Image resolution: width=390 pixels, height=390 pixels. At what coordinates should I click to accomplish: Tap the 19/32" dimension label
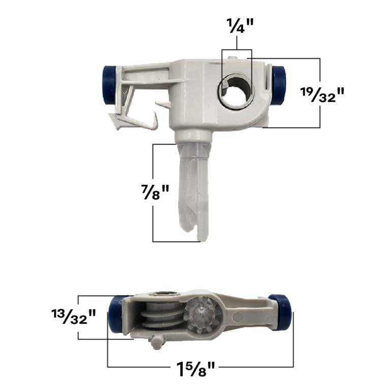tap(322, 95)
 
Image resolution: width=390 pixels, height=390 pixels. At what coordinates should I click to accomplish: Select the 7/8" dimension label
tap(155, 192)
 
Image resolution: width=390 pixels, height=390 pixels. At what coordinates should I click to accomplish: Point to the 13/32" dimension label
tap(74, 316)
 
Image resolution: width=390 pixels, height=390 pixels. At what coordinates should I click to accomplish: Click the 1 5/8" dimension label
tap(195, 369)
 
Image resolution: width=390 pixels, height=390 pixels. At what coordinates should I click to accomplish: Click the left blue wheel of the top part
tap(109, 85)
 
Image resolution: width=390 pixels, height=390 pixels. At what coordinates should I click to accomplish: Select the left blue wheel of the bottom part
tap(116, 315)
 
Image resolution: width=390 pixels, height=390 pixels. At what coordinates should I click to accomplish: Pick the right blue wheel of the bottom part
tap(280, 312)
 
